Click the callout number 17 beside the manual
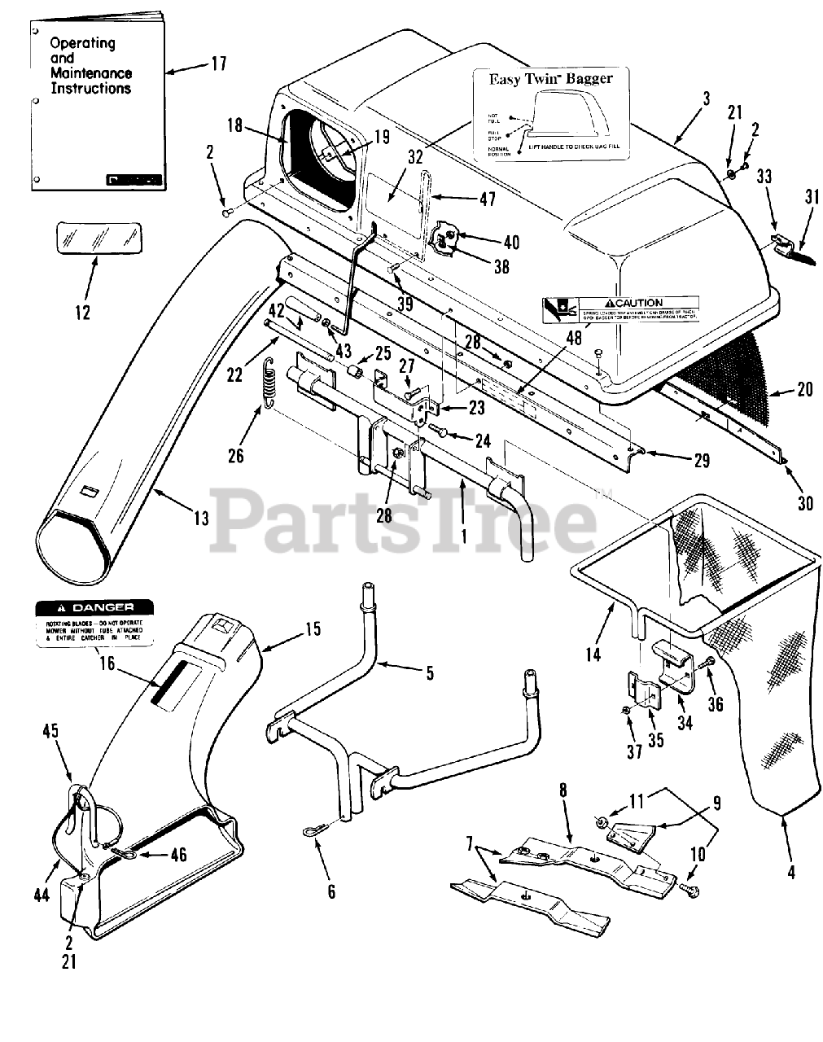[217, 63]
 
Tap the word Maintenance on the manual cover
[90, 73]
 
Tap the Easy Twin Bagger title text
[549, 79]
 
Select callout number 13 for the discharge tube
[199, 517]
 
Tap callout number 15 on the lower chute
[313, 629]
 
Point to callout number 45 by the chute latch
[50, 730]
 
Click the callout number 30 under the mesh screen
[804, 504]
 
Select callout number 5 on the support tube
[430, 672]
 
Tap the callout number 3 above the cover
[706, 99]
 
